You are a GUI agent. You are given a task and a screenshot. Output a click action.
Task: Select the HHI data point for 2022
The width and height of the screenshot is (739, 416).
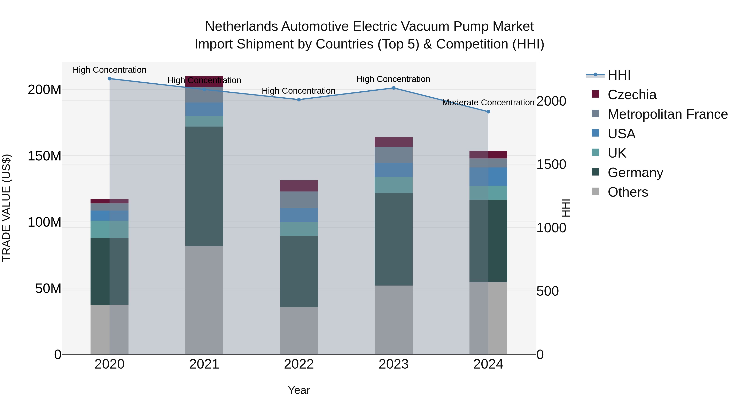[299, 100]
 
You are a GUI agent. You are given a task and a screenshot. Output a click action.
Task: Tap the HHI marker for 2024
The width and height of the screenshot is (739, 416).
[488, 112]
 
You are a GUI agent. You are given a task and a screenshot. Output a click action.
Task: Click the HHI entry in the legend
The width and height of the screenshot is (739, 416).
[619, 75]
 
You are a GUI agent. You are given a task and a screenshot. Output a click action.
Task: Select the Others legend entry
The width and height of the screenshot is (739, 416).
[628, 192]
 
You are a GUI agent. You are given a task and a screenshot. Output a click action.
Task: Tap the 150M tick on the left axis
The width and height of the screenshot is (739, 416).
[45, 156]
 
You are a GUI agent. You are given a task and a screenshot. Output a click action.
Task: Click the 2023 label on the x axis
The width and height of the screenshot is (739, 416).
[393, 364]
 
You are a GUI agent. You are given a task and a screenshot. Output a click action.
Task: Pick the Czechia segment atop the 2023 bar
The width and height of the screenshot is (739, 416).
[393, 142]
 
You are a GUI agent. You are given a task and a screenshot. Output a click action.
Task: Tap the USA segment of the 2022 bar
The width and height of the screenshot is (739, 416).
[299, 215]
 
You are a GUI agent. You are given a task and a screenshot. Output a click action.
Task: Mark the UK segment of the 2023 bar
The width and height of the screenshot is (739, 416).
[393, 185]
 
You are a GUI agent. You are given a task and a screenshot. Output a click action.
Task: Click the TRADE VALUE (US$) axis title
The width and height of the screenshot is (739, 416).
[6, 208]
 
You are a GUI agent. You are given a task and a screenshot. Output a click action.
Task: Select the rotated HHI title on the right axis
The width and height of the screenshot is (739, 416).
[566, 208]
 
